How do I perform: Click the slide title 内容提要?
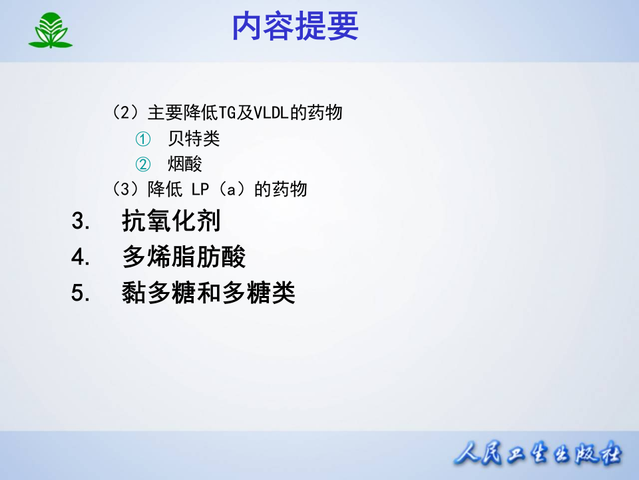coord(295,28)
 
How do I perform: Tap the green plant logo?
coord(50,31)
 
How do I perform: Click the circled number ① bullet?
coord(143,139)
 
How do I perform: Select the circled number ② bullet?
coord(143,164)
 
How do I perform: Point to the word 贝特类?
coord(194,139)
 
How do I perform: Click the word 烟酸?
coord(185,164)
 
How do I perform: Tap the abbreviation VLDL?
coord(270,113)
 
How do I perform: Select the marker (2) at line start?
coord(125,113)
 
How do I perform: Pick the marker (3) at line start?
coord(125,189)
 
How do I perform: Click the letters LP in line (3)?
coord(200,189)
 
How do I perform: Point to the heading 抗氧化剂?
coord(171,221)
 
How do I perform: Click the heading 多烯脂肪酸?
coord(184,257)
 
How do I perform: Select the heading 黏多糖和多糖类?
coord(208,293)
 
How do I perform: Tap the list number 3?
coord(80,221)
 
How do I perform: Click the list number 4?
coord(80,257)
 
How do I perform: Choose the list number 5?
coord(80,293)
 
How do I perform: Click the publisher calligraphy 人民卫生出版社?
coord(537,455)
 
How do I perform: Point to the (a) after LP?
coord(230,189)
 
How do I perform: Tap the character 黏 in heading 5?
coord(134,293)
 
